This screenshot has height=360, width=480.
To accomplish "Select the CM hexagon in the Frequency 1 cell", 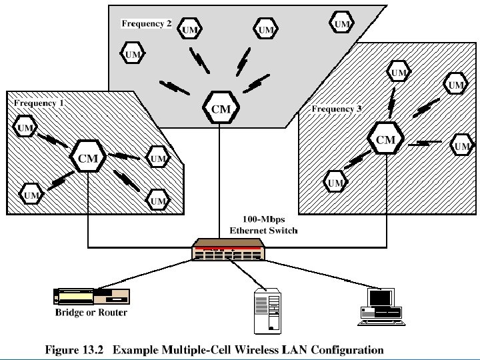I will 88,158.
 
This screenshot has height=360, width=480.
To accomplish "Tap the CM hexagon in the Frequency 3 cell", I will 386,139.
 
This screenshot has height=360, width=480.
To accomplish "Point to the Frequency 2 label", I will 147,23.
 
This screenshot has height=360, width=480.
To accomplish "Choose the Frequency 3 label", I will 337,109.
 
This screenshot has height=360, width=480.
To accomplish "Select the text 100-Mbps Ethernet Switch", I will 263,225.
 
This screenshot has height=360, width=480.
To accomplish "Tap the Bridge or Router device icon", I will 91,297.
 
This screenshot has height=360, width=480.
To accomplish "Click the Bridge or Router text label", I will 91,312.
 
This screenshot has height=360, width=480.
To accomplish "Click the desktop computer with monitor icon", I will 381,306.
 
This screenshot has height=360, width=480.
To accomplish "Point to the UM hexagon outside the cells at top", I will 342,24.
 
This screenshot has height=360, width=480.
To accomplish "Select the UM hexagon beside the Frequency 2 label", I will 190,30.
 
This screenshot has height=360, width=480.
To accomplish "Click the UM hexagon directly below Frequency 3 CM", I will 335,182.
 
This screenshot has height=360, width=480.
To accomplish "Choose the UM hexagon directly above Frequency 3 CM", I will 399,72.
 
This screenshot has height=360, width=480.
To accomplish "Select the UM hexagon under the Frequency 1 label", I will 26,127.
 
